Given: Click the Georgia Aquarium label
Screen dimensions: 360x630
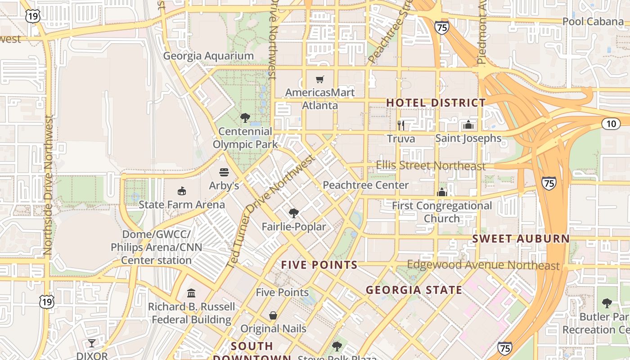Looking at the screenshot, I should [x=208, y=56].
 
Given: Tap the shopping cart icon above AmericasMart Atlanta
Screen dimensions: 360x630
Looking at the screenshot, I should [x=320, y=80].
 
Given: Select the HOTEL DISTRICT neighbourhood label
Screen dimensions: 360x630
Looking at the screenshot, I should [x=436, y=103].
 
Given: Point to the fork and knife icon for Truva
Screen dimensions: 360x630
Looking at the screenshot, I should [x=401, y=125].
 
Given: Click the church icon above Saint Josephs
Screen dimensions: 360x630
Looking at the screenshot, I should [x=468, y=125].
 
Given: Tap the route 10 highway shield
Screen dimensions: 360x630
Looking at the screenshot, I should [x=611, y=124].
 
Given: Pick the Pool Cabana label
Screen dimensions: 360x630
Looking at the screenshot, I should [x=593, y=22].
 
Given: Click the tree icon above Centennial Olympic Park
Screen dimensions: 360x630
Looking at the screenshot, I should [x=245, y=118].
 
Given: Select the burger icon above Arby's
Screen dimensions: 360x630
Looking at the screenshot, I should [x=224, y=172].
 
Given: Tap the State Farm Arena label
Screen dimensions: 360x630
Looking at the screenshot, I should [x=182, y=205].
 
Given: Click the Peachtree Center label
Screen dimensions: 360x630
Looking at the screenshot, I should [x=365, y=185].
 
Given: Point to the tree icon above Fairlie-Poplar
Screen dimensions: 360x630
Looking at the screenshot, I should [x=294, y=213].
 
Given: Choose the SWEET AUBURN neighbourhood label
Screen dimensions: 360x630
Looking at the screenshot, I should [x=521, y=238].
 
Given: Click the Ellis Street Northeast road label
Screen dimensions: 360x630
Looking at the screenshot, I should [x=431, y=166].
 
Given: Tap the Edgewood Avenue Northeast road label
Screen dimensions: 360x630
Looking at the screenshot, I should [x=483, y=265].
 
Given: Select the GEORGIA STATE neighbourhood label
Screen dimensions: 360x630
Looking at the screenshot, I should [x=414, y=290].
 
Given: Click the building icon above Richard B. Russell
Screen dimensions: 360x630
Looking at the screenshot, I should [x=191, y=293].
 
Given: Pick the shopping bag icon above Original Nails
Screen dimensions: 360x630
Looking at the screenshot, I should [x=273, y=315].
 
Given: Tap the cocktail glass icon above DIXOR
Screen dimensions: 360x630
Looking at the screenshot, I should [x=92, y=343].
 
